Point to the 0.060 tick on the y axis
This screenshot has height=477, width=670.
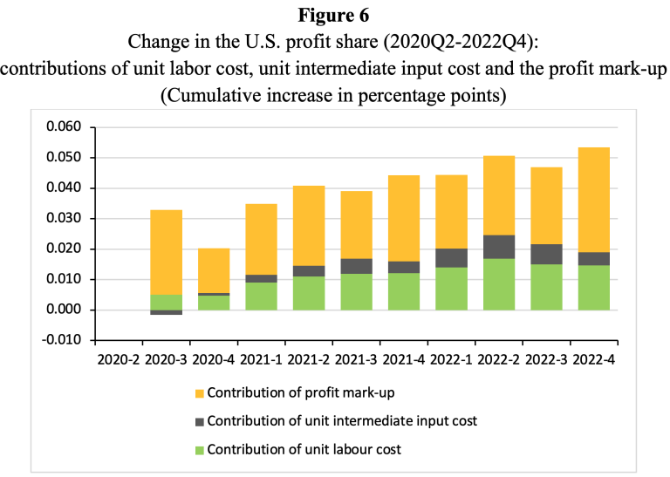(63, 127)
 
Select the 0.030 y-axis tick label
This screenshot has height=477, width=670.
(63, 219)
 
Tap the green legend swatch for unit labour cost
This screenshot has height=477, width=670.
(198, 450)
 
